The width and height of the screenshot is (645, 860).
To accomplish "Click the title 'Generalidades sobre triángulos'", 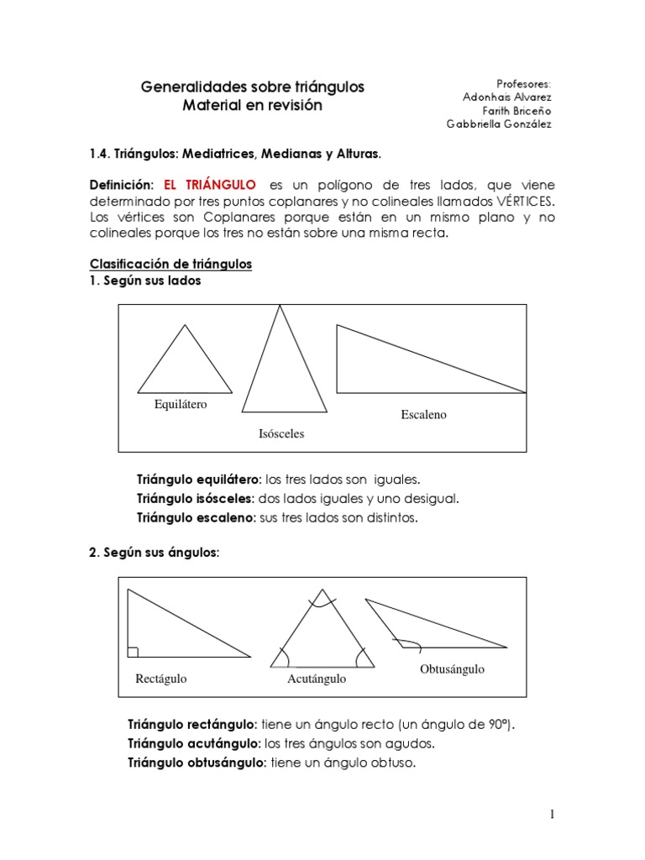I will coord(253,87).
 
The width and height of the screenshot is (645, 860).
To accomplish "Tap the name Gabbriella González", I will coord(499,123).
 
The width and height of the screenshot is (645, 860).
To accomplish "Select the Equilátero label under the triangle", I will coord(181,405).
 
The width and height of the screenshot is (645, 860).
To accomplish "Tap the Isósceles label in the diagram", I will coord(281,434).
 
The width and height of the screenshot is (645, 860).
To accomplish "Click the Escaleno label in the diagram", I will coord(424,415).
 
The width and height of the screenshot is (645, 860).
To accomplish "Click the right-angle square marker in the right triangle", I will coord(133,652).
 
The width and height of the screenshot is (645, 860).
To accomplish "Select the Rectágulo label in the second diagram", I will coord(161,679).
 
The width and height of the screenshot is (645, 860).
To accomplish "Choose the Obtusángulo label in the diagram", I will coord(452,669).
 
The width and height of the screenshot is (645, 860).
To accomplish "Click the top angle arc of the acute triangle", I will coord(320,600).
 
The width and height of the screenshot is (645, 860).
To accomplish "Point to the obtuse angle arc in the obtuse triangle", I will coord(410,645).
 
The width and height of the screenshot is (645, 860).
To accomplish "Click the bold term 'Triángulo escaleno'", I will coord(195,518).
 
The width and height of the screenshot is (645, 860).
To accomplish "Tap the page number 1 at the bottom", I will coord(553,814).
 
